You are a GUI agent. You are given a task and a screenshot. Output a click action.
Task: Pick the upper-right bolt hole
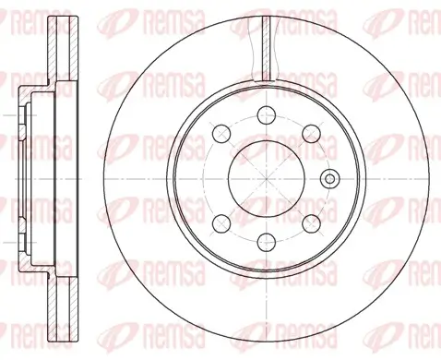coord(312,135)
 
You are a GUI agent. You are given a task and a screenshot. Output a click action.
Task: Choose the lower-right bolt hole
coord(312,222)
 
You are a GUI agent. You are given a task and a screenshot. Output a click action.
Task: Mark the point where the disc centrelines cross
coord(265,178)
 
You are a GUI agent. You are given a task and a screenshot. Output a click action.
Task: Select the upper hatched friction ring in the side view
coord(64,51)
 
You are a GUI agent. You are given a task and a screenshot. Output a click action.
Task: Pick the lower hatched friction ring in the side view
coord(64,309)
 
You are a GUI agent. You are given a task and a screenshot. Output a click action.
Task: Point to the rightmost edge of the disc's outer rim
coord(429,178)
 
